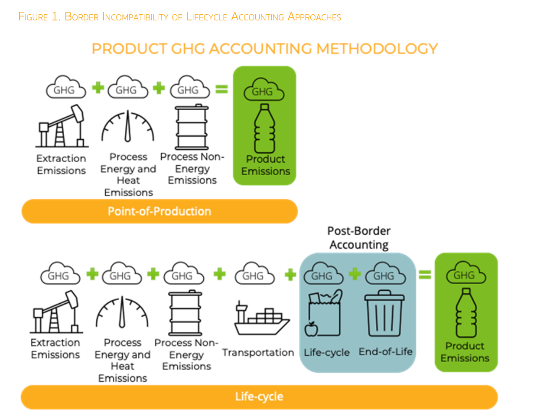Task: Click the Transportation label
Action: coord(258,353)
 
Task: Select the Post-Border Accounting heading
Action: coord(358,237)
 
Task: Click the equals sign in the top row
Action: coord(221,89)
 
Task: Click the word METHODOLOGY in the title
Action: coord(373,48)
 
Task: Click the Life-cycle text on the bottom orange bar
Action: coord(259,397)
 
